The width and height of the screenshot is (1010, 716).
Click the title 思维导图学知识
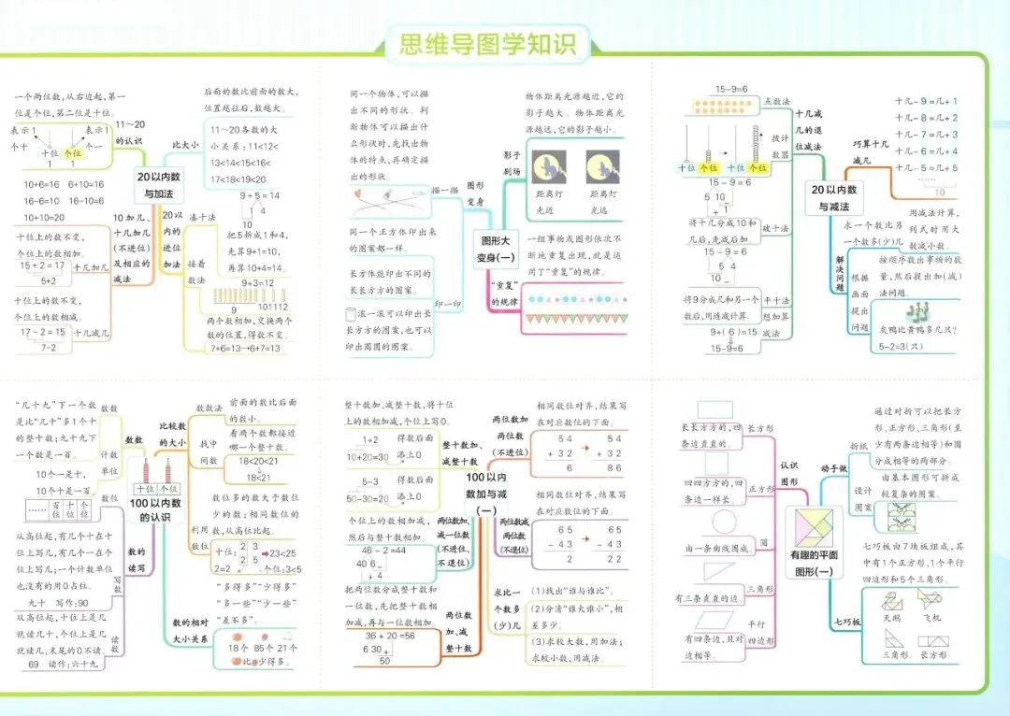click(488, 44)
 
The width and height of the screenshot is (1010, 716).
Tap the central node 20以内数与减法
click(834, 198)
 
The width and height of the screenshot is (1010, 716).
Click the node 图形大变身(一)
click(495, 248)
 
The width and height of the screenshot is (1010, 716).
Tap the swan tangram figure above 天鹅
click(892, 602)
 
